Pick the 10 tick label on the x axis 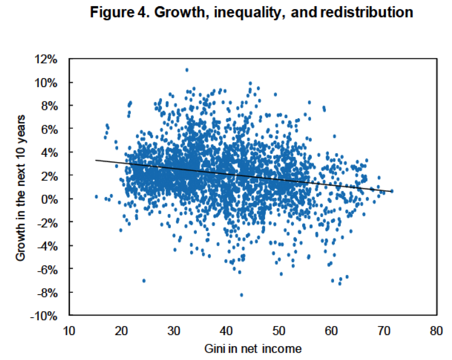(69, 330)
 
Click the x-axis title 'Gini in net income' (252, 348)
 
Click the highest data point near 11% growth (187, 70)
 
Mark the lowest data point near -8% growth (241, 295)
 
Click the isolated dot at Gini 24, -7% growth (144, 281)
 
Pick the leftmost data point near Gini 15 (96, 197)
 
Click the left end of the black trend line (96, 160)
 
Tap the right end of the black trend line (392, 191)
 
